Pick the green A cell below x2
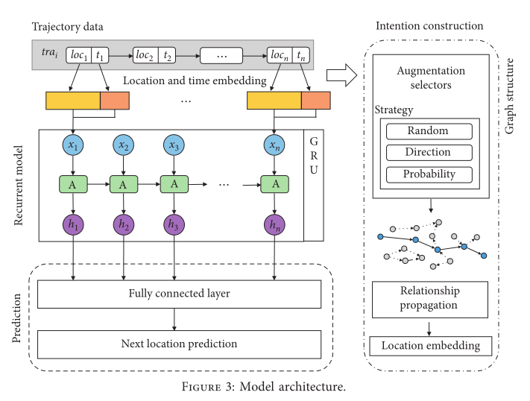tap(123, 183)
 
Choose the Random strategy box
tap(429, 131)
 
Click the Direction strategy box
tap(429, 152)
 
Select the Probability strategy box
tap(429, 174)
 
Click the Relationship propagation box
tap(429, 297)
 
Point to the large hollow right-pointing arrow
tap(341, 73)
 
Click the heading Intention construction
tap(429, 26)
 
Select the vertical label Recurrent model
tap(20, 186)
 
